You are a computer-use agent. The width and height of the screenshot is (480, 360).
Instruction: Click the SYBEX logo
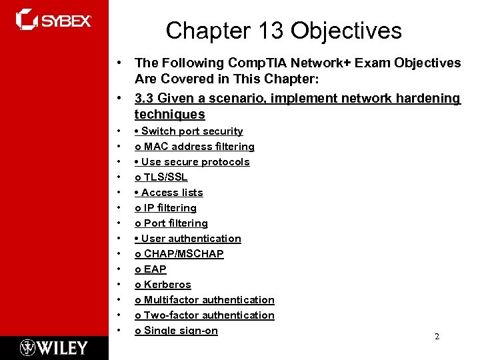[53, 19]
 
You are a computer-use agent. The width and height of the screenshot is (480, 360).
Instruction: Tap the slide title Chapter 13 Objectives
[283, 31]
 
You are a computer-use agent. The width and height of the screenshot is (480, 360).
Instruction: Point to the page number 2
[437, 337]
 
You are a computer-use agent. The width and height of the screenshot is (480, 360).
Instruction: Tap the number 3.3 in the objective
[144, 99]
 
